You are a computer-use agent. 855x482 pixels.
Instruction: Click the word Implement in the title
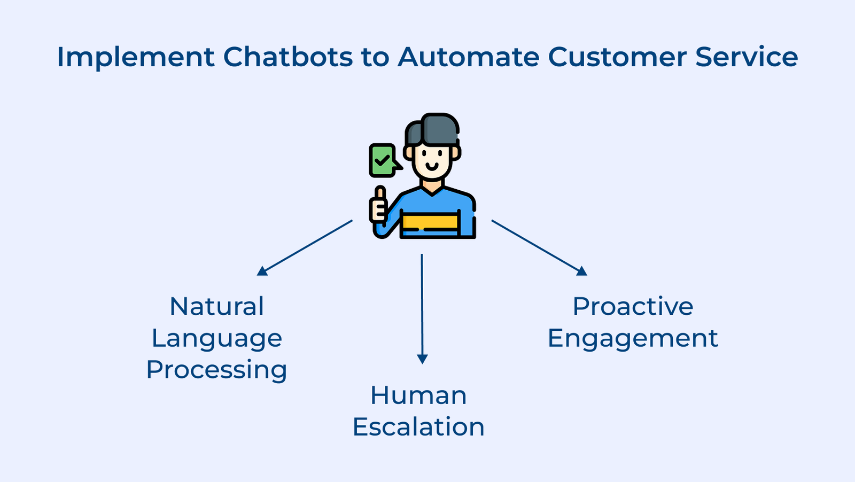click(x=135, y=58)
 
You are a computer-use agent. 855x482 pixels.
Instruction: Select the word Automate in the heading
click(x=468, y=57)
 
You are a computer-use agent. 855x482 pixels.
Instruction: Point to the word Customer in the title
click(x=617, y=57)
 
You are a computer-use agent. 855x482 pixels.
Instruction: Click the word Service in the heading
click(x=747, y=57)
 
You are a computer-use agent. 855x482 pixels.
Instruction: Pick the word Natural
click(x=216, y=307)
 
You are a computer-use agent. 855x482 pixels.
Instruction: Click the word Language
click(x=216, y=338)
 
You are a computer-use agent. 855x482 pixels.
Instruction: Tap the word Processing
click(x=216, y=370)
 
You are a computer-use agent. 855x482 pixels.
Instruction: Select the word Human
click(x=418, y=396)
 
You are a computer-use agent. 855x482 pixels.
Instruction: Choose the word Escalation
click(x=418, y=427)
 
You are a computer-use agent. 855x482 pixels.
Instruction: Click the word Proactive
click(x=633, y=307)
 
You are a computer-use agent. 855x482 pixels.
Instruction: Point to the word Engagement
click(x=633, y=338)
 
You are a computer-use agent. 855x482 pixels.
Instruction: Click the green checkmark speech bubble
click(x=383, y=160)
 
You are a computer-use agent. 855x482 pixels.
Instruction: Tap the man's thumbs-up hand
click(x=379, y=205)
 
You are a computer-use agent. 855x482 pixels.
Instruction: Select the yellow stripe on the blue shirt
click(x=430, y=221)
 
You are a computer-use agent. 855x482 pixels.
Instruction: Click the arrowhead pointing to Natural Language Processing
click(x=262, y=271)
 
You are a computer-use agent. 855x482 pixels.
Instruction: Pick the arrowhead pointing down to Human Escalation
click(x=422, y=359)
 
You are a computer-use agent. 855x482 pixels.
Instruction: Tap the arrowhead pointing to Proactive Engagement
click(x=582, y=271)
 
